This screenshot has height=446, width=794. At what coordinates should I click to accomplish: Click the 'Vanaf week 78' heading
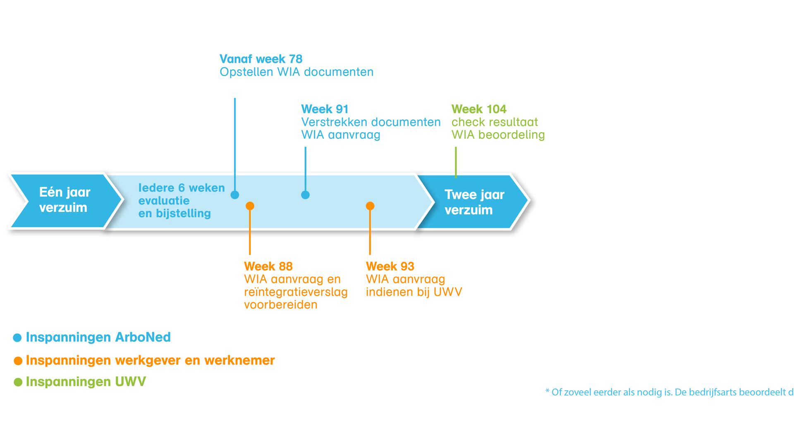click(x=261, y=59)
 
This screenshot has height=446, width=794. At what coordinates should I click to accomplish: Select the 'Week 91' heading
click(x=325, y=109)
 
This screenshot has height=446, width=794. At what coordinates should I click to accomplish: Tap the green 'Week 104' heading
click(x=478, y=109)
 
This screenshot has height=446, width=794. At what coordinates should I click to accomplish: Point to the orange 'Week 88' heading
click(x=268, y=266)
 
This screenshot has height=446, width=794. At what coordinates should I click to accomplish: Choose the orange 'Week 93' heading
click(x=390, y=266)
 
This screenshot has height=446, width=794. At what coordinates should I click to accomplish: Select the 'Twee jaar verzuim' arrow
click(x=474, y=202)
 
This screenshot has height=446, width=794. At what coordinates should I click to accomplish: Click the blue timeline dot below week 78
click(x=235, y=195)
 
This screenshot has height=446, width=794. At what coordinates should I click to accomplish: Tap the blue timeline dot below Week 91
click(x=305, y=195)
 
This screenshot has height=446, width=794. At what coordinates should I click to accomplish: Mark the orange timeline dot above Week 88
click(x=250, y=206)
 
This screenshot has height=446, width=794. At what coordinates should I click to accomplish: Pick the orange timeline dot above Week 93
click(x=370, y=206)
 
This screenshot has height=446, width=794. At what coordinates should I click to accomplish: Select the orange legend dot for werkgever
click(x=18, y=361)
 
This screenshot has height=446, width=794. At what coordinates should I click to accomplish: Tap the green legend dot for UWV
click(x=18, y=382)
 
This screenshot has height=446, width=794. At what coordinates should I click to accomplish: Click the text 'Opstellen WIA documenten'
click(x=297, y=72)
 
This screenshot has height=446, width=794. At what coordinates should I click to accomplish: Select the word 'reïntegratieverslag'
click(x=296, y=292)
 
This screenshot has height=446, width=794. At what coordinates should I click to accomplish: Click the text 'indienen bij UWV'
click(x=414, y=292)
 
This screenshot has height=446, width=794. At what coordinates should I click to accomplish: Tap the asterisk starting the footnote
click(x=548, y=391)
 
